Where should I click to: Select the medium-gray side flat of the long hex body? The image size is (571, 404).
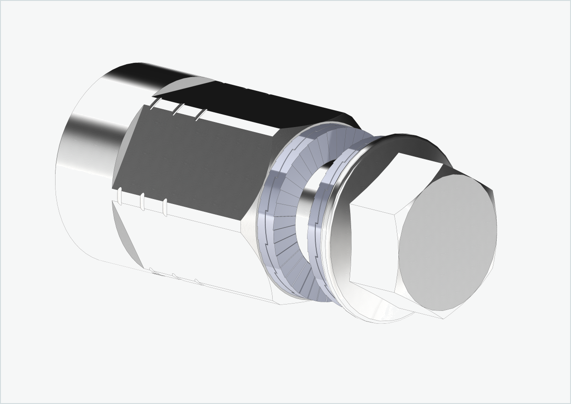193,160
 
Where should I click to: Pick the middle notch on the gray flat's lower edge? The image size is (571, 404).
142,201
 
